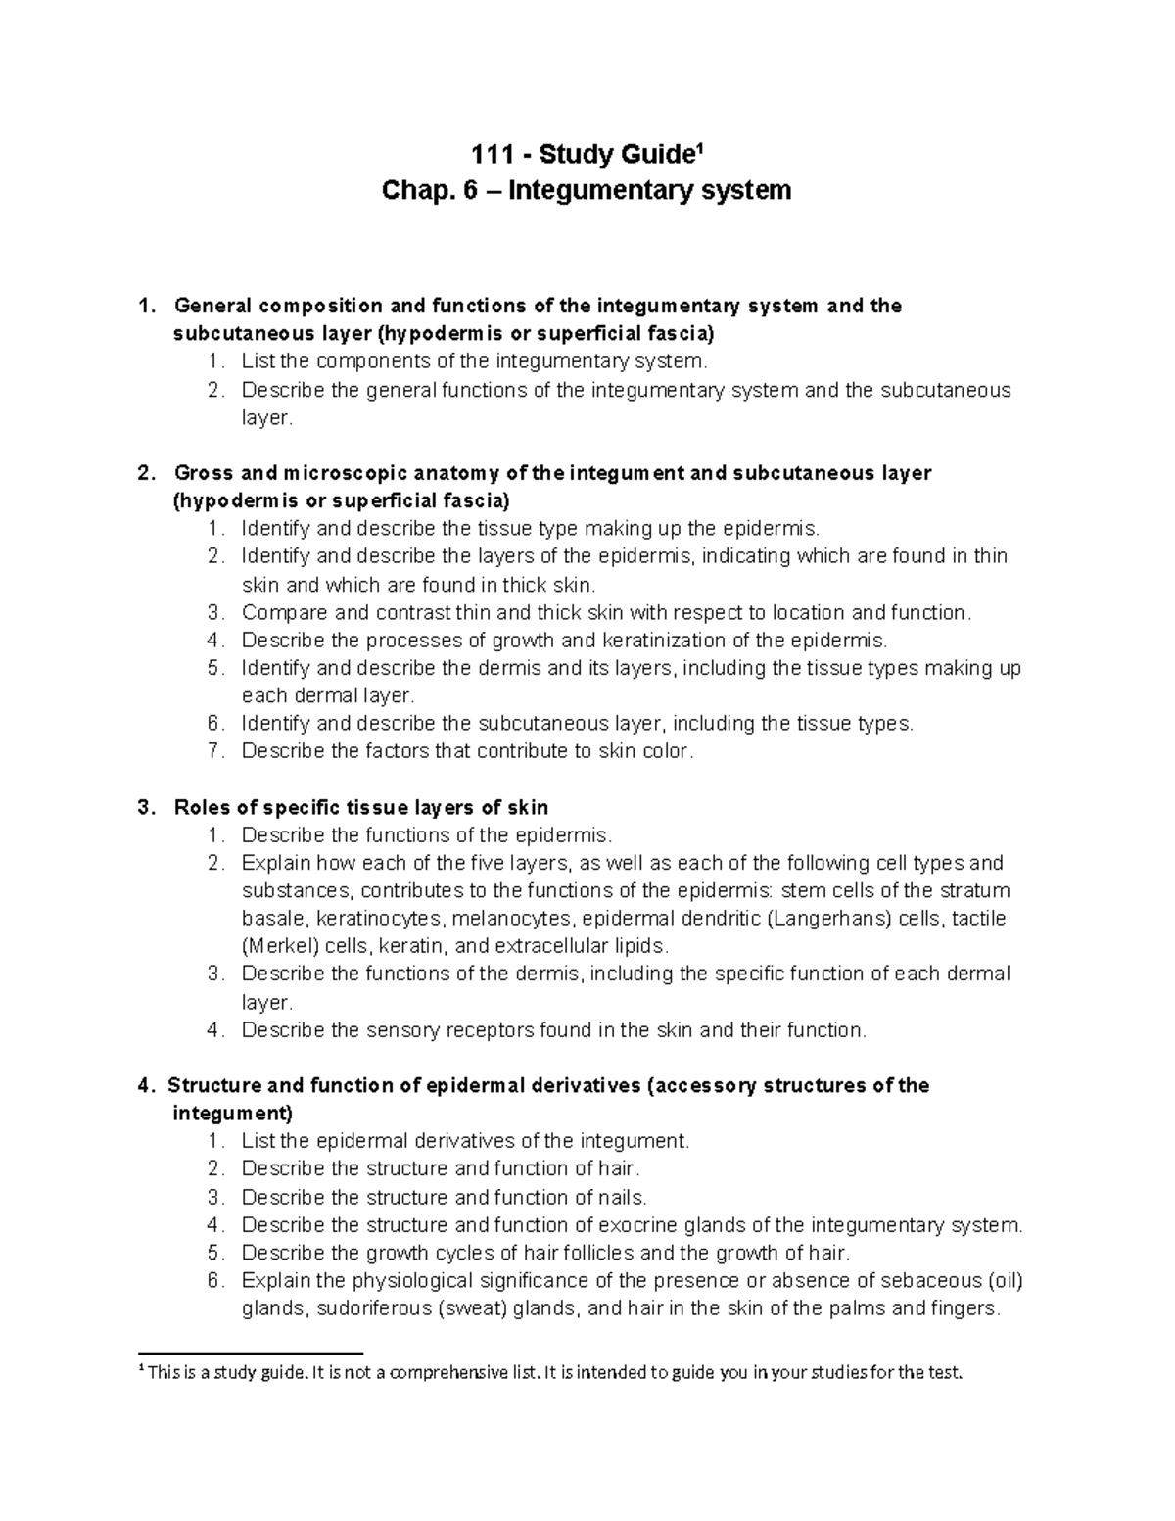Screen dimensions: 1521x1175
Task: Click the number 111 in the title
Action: pos(489,155)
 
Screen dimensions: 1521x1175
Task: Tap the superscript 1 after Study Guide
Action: pos(699,149)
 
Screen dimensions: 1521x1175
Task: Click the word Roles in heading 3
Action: pos(202,807)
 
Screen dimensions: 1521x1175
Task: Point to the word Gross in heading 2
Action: pos(204,473)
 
